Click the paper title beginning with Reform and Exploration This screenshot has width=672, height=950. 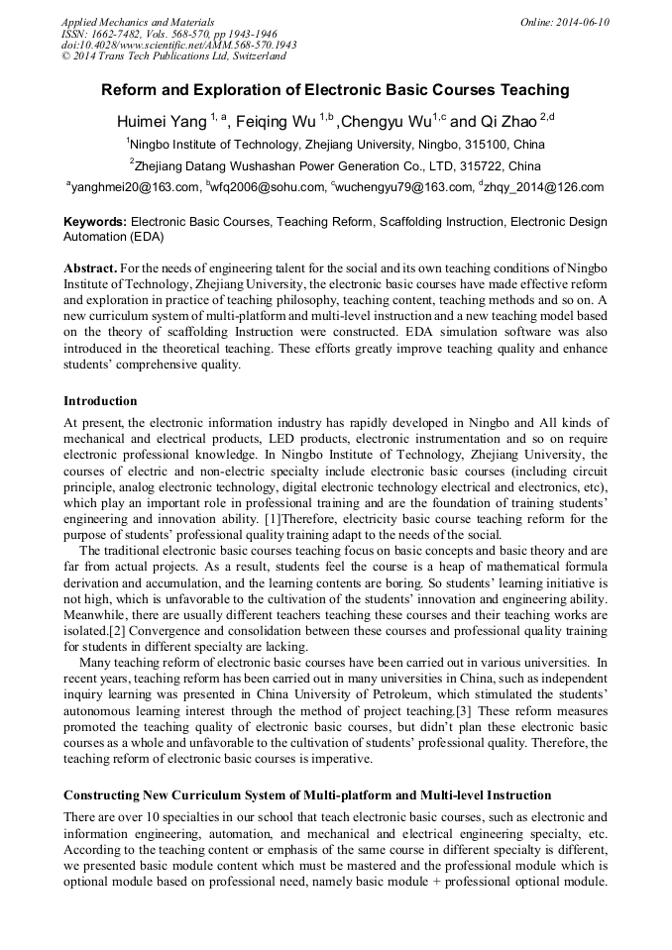coord(335,90)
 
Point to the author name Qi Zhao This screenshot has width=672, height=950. coord(506,121)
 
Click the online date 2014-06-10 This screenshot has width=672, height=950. coord(580,22)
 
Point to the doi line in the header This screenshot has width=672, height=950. coord(178,45)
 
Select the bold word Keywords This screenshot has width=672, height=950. coord(95,223)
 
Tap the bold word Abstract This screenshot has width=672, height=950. coord(90,269)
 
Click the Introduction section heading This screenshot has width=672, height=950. coord(100,401)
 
